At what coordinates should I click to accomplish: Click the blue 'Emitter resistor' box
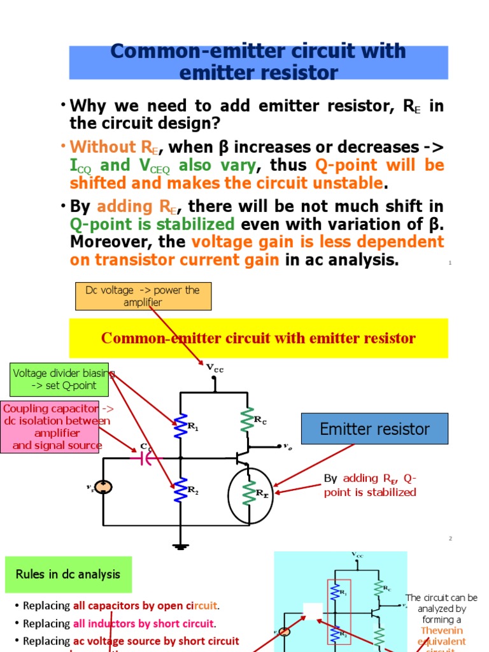(x=375, y=429)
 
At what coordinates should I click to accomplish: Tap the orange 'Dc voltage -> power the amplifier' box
(x=143, y=296)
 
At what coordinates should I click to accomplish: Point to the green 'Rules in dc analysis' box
(x=68, y=574)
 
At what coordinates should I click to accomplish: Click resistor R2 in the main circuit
(x=181, y=491)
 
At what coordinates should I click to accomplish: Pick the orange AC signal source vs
(x=103, y=487)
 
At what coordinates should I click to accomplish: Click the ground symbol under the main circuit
(x=181, y=545)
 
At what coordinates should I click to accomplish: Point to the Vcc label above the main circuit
(x=215, y=368)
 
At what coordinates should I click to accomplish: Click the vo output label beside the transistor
(x=287, y=447)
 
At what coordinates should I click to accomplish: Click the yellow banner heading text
(x=258, y=338)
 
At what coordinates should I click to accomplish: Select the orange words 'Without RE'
(x=113, y=147)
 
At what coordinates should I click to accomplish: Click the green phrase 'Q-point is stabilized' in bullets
(x=152, y=225)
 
